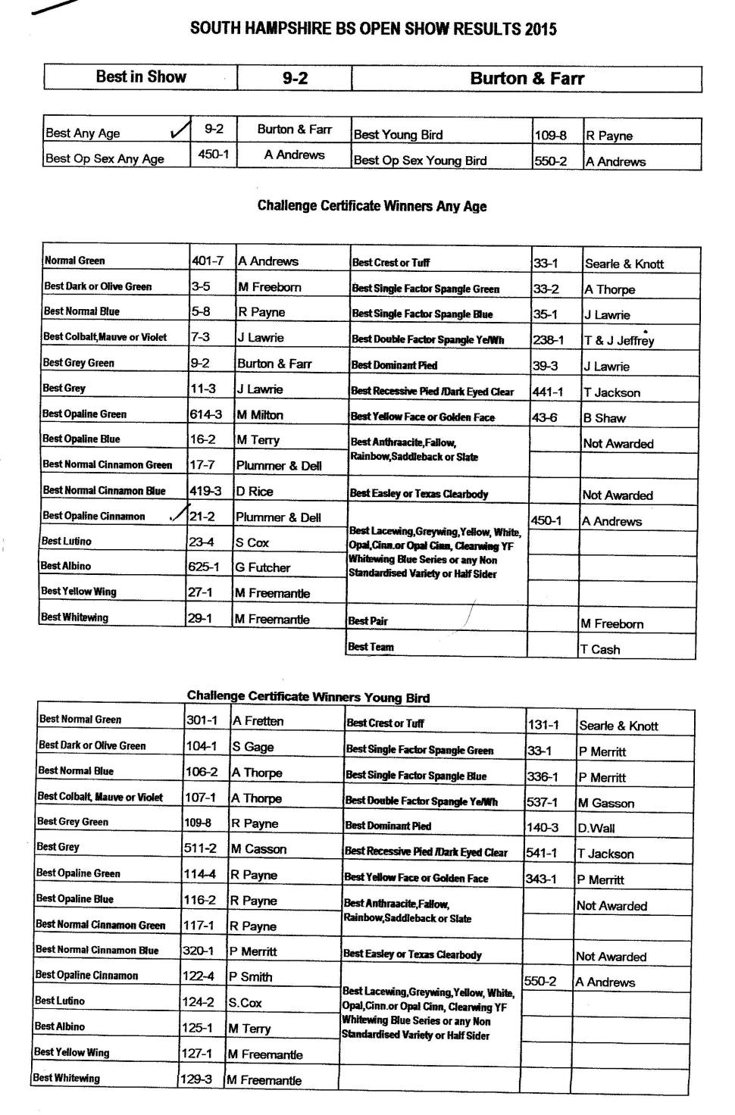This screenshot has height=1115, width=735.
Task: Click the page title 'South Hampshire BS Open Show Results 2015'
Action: click(x=373, y=30)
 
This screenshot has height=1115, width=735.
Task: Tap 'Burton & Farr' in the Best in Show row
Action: click(x=527, y=78)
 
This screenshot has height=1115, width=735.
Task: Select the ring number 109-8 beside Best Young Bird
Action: click(x=550, y=136)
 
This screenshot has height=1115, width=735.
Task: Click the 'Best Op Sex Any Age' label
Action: click(x=105, y=159)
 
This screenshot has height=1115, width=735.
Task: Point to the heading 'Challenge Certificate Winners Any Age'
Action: click(x=372, y=206)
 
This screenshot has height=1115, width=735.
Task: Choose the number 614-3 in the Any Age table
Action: click(x=205, y=414)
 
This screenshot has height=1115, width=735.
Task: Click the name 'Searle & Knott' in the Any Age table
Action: click(x=624, y=264)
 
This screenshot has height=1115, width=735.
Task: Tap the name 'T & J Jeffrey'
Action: click(x=619, y=341)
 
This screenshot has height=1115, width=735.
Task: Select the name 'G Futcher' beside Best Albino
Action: click(x=262, y=567)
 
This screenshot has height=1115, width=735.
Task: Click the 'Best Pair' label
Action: click(x=368, y=621)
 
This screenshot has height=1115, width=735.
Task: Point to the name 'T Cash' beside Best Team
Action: click(x=599, y=649)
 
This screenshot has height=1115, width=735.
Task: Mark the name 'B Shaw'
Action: click(x=604, y=418)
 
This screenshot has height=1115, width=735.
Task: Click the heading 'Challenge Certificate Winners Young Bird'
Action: click(x=308, y=698)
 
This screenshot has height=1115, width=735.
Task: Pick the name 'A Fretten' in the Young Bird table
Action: click(x=258, y=721)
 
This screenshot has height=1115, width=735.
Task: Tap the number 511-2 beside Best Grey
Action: click(x=200, y=849)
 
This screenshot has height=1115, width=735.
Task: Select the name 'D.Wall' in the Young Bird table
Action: click(x=596, y=829)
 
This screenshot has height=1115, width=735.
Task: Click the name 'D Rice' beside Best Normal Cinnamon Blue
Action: click(x=255, y=492)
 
